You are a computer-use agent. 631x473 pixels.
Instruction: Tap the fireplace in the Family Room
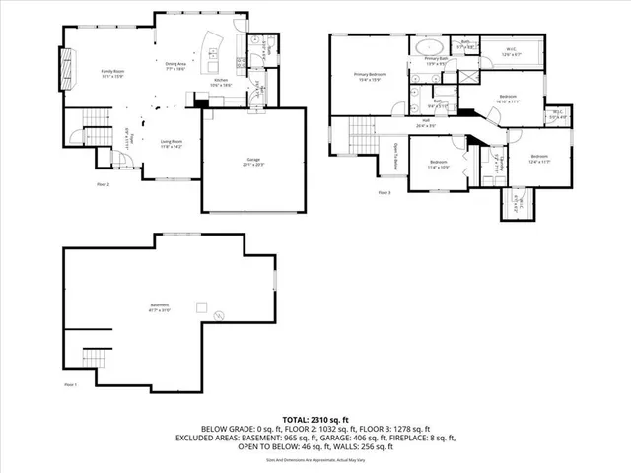[67, 71]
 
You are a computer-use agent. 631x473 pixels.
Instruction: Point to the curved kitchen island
[212, 48]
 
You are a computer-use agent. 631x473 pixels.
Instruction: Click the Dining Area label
[177, 66]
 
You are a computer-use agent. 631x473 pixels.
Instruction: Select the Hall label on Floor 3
[426, 122]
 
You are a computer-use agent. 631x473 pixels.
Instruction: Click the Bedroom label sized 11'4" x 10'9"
[438, 163]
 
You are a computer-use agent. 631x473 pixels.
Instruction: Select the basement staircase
[94, 356]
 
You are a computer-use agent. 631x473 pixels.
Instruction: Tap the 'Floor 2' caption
[103, 184]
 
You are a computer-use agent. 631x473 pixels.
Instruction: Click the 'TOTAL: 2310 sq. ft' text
[315, 420]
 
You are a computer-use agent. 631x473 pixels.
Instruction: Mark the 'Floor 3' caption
[385, 192]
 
